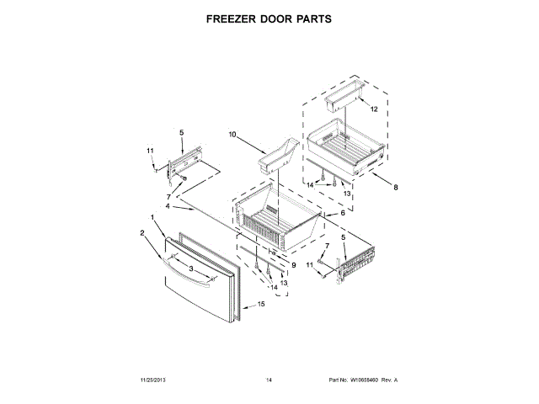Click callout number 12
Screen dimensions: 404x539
(374, 109)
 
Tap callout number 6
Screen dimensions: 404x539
(342, 213)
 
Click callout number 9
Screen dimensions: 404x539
(293, 266)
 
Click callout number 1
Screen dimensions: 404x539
(152, 218)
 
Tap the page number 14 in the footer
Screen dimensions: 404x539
(269, 380)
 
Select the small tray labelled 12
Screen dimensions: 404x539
(342, 98)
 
